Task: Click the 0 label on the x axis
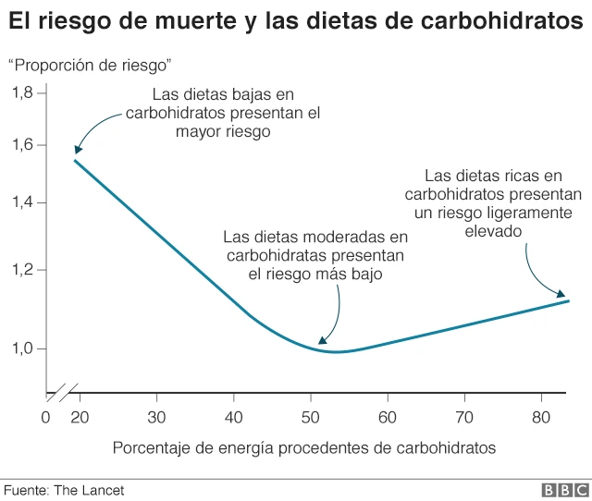pos(45,417)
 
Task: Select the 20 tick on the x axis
pos(80,417)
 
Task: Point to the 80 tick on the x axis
pos(541,417)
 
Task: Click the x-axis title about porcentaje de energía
pos(304,447)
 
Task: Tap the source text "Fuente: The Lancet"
pos(64,489)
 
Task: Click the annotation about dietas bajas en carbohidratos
pos(223,113)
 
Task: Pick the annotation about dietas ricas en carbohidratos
pos(493,203)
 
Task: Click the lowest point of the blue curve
pos(334,352)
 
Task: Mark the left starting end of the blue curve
pos(75,161)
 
